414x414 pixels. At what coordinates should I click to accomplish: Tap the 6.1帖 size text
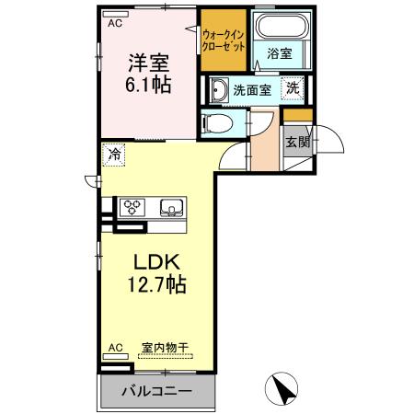click(148, 86)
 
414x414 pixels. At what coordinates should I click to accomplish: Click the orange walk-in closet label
click(223, 40)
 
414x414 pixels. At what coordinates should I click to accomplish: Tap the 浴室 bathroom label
click(279, 54)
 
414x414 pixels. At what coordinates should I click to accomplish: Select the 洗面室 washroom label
click(252, 90)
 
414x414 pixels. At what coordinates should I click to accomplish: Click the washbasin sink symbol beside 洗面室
click(219, 90)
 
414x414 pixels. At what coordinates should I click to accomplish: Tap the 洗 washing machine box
click(292, 89)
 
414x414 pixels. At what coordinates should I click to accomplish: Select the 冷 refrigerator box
click(114, 155)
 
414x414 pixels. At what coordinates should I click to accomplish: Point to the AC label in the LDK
click(114, 348)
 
